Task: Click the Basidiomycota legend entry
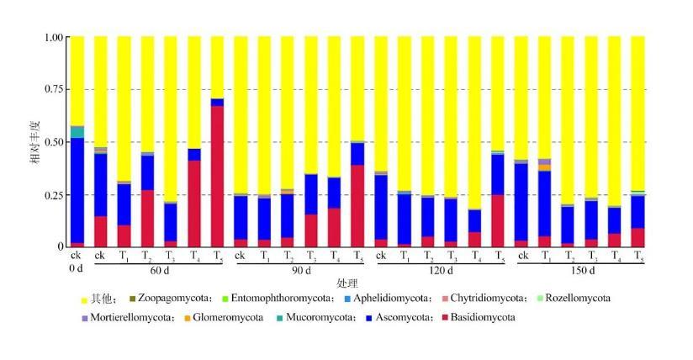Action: point(481,317)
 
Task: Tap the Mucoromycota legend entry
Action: point(318,317)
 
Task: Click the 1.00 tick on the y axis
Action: point(53,38)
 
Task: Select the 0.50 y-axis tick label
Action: point(53,142)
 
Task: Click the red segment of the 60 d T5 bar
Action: point(217,176)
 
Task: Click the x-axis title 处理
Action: point(346,283)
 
